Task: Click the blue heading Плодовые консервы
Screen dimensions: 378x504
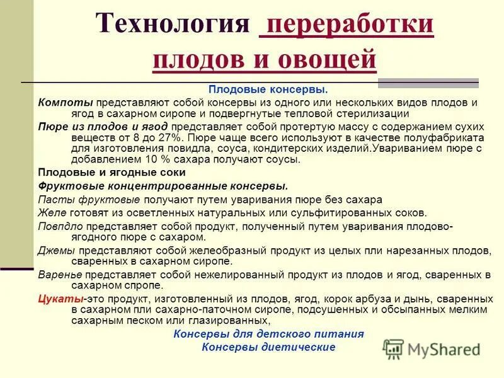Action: tap(268, 90)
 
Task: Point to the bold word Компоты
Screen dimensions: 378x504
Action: tap(66, 102)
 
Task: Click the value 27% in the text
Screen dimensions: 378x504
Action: tap(171, 137)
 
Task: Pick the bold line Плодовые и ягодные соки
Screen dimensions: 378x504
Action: tap(112, 171)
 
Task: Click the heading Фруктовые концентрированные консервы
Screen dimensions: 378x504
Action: tap(163, 185)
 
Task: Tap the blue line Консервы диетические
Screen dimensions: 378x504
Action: tap(268, 347)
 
